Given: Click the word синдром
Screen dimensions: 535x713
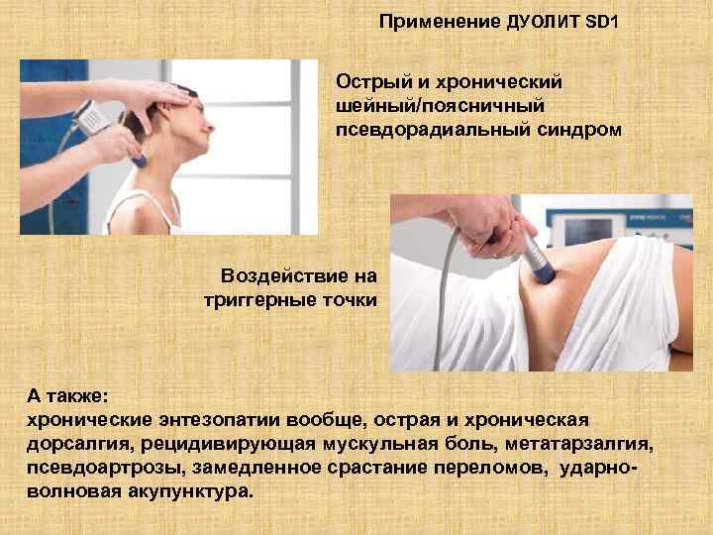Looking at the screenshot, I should [570, 129].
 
